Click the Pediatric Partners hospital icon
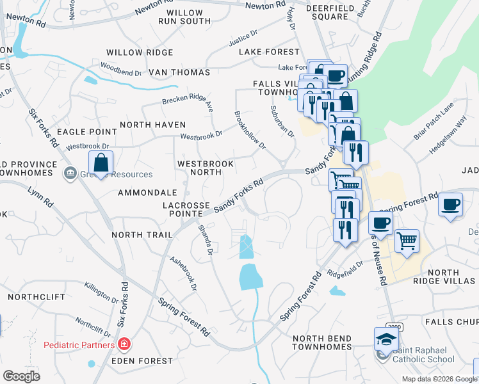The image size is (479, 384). (x=124, y=345)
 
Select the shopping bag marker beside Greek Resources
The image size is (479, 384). (x=101, y=163)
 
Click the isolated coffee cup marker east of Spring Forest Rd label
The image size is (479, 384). (x=451, y=205)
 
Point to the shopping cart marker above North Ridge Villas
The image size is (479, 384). (x=407, y=241)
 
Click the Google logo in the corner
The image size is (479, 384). (x=21, y=376)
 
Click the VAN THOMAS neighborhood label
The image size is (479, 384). (x=176, y=73)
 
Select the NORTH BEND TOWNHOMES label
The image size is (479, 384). (x=321, y=342)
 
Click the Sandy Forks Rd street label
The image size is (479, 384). (x=238, y=195)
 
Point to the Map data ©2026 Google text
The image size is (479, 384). (x=439, y=379)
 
